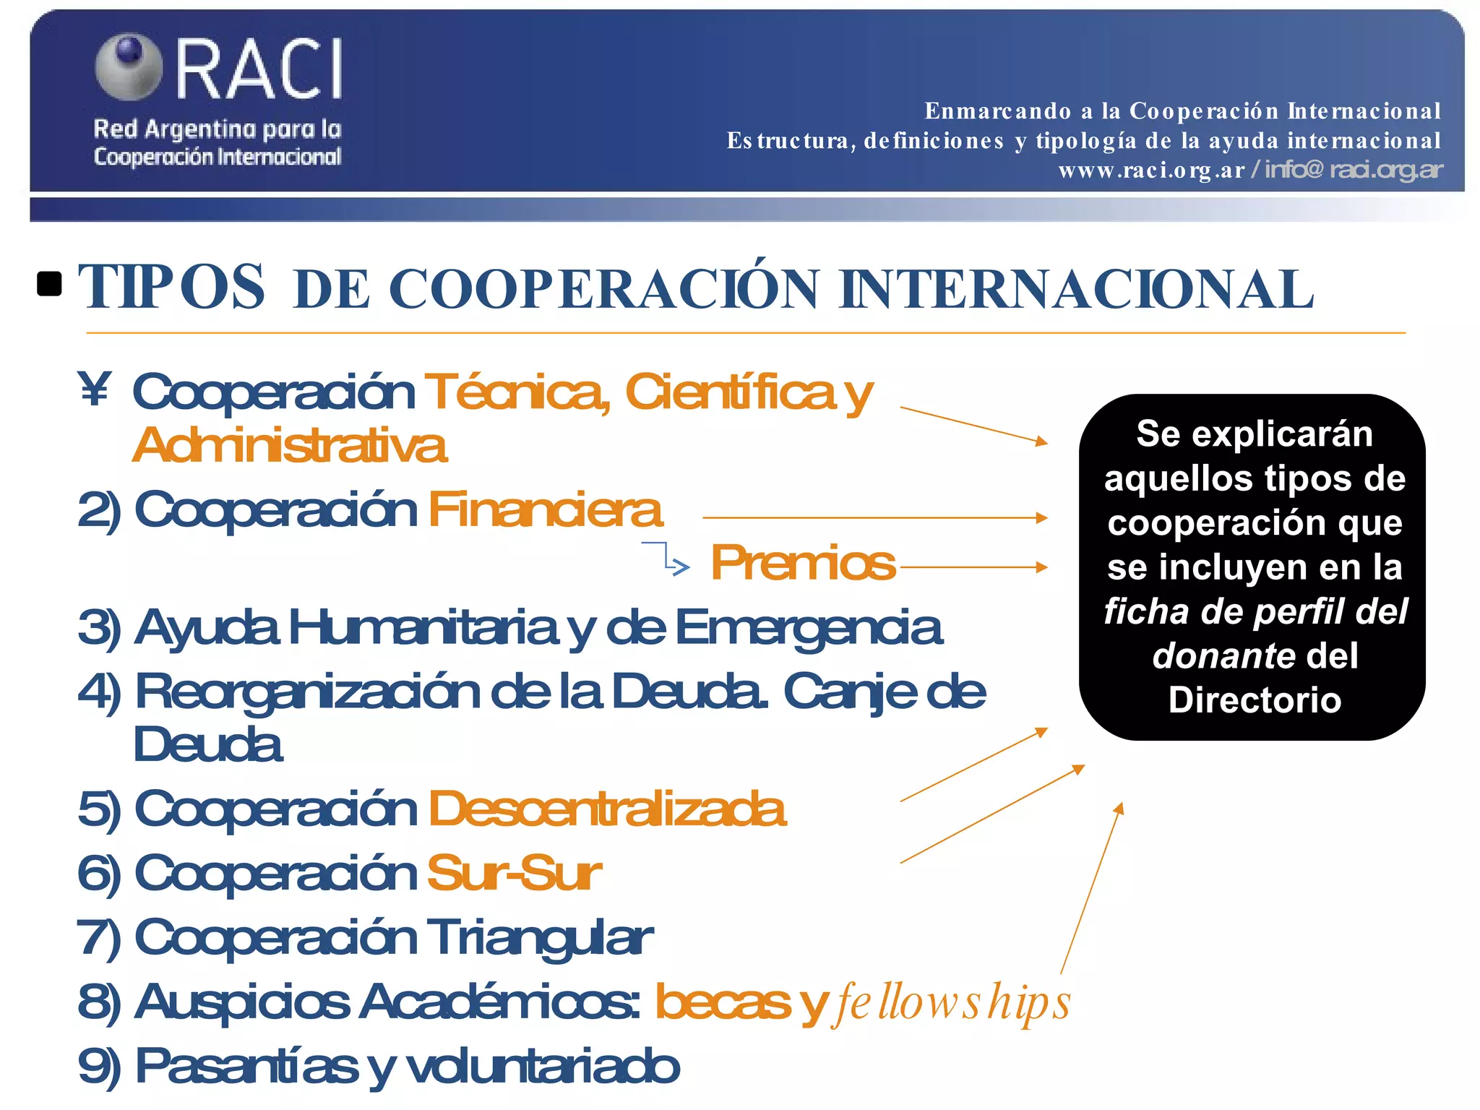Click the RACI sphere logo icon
pyautogui.click(x=129, y=66)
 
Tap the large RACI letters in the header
pyautogui.click(x=259, y=69)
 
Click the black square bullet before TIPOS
pyautogui.click(x=49, y=284)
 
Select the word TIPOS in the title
pyautogui.click(x=171, y=288)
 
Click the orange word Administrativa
pyautogui.click(x=290, y=445)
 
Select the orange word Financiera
pyautogui.click(x=545, y=509)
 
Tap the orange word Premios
pyautogui.click(x=802, y=562)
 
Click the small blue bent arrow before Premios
pyautogui.click(x=668, y=558)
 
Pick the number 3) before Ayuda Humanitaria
pyautogui.click(x=99, y=628)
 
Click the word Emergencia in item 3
pyautogui.click(x=808, y=628)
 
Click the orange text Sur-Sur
pyautogui.click(x=514, y=873)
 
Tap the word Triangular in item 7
pyautogui.click(x=539, y=937)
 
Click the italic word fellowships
pyautogui.click(x=952, y=1003)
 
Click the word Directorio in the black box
pyautogui.click(x=1255, y=700)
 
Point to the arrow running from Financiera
pyautogui.click(x=874, y=517)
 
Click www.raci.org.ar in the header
pyautogui.click(x=1151, y=171)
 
